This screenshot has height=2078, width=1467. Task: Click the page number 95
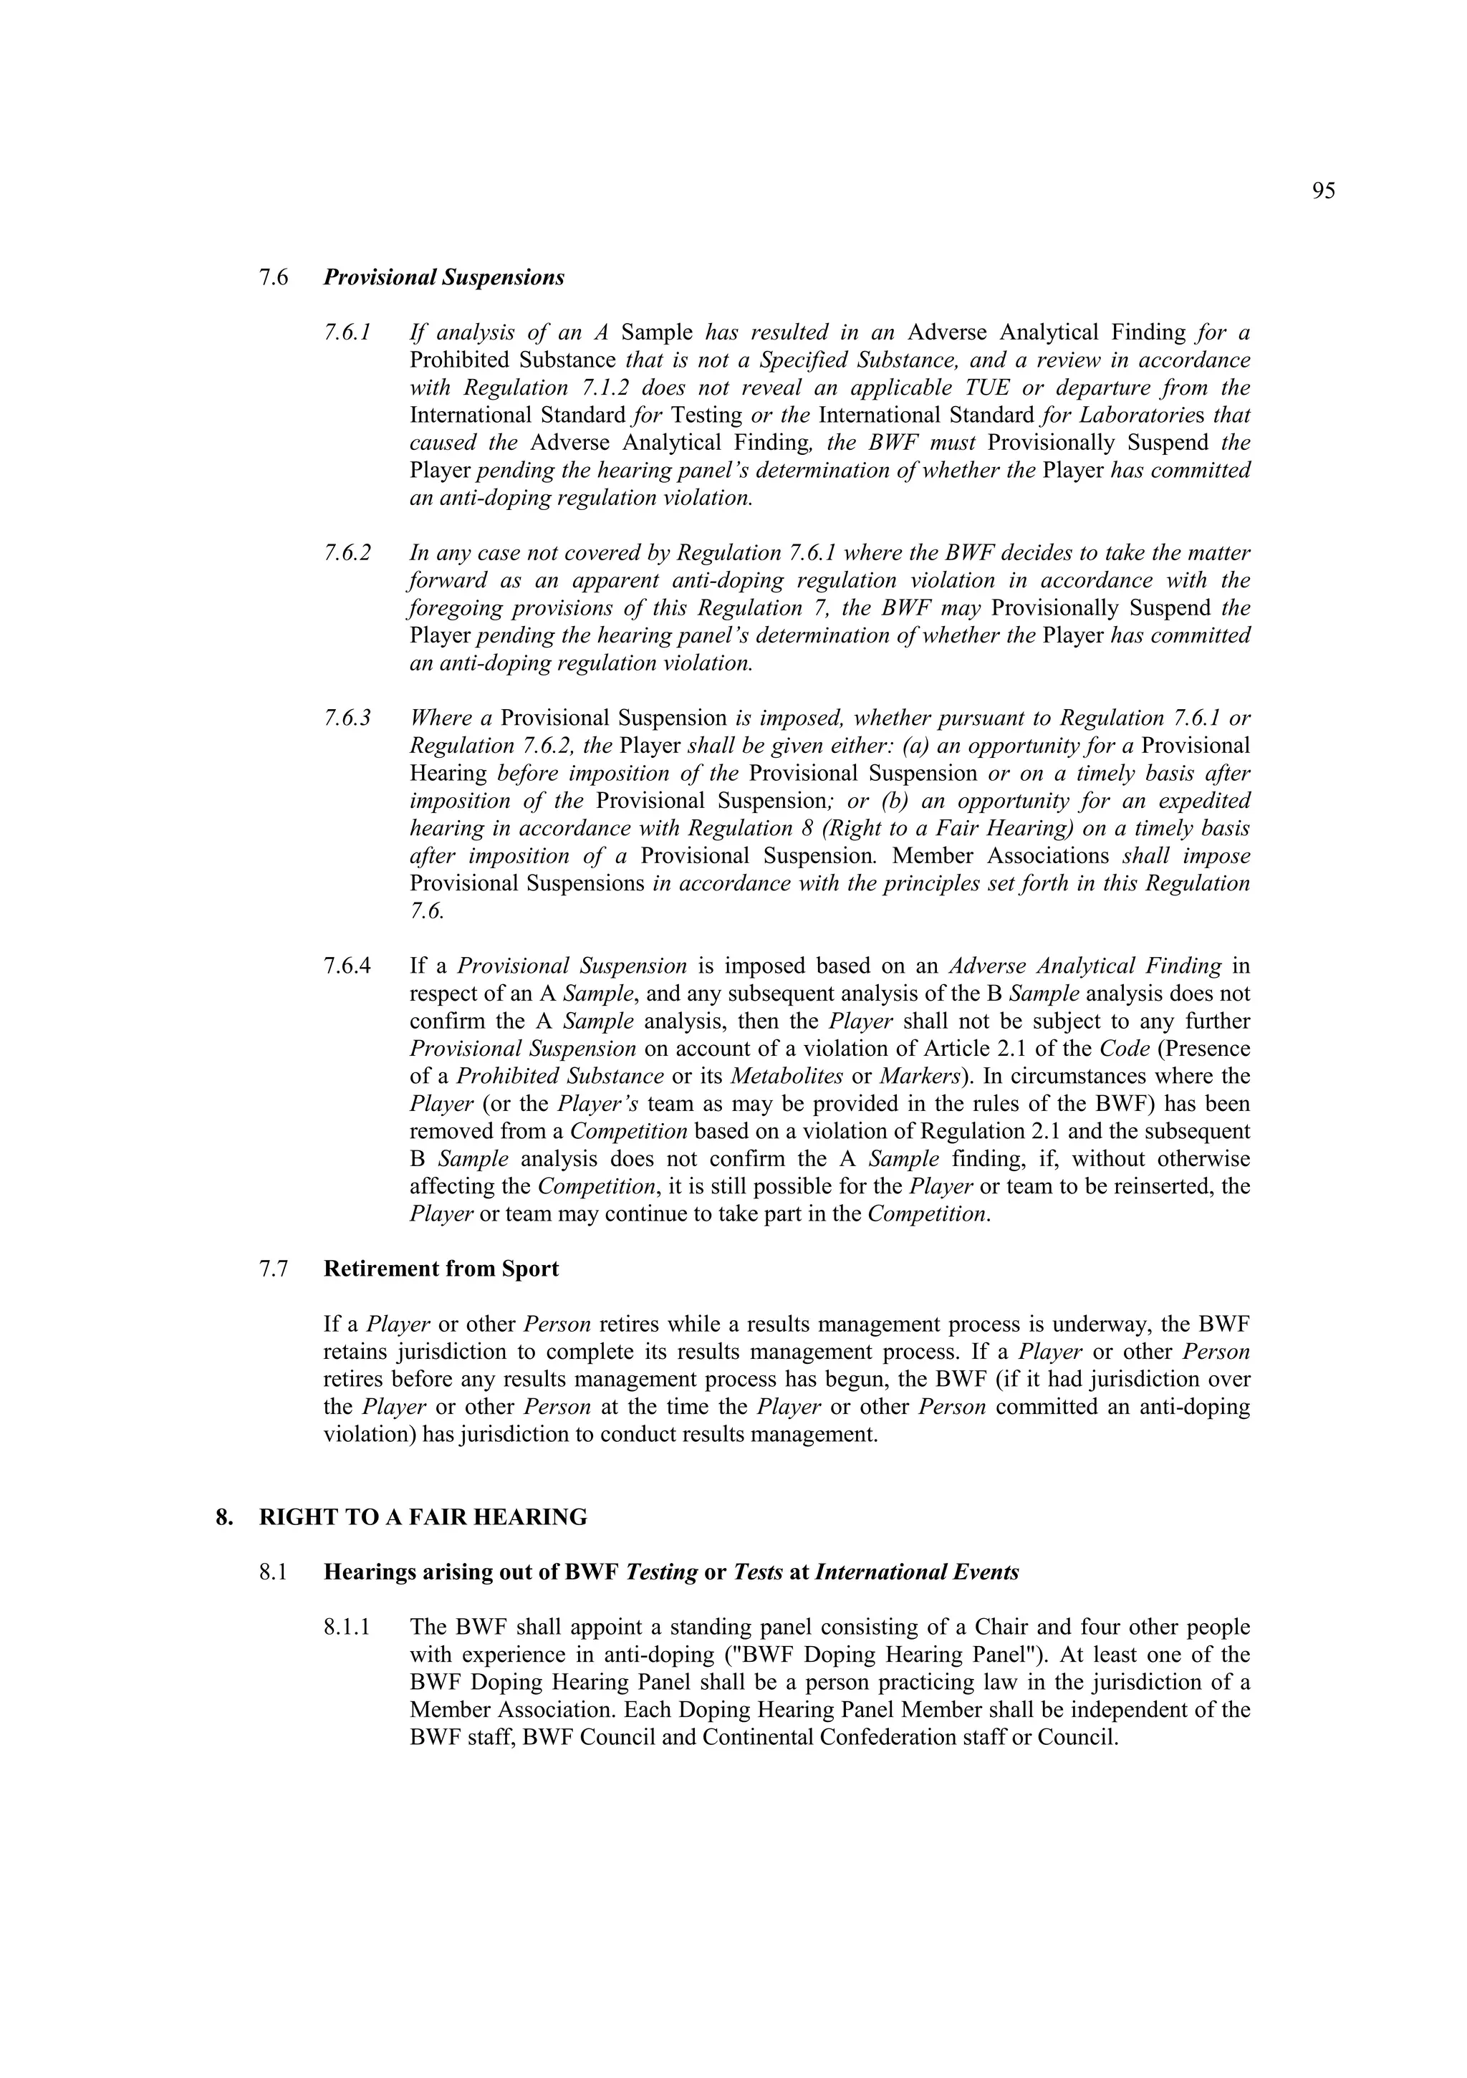point(1322,191)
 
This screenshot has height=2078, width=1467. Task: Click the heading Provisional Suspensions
point(443,277)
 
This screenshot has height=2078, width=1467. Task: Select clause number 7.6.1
point(347,332)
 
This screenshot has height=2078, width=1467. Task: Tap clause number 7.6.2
point(347,552)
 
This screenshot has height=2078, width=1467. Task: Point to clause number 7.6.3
point(347,718)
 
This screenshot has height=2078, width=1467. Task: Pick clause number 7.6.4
point(347,966)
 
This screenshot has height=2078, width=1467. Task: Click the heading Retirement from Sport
point(441,1268)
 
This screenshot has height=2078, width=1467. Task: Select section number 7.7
point(274,1268)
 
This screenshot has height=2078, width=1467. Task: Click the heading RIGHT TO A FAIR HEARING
point(423,1517)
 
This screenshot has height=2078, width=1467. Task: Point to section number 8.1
point(274,1572)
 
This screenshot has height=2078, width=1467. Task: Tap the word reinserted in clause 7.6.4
point(1153,1185)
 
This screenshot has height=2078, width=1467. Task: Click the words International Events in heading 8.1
point(917,1572)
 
